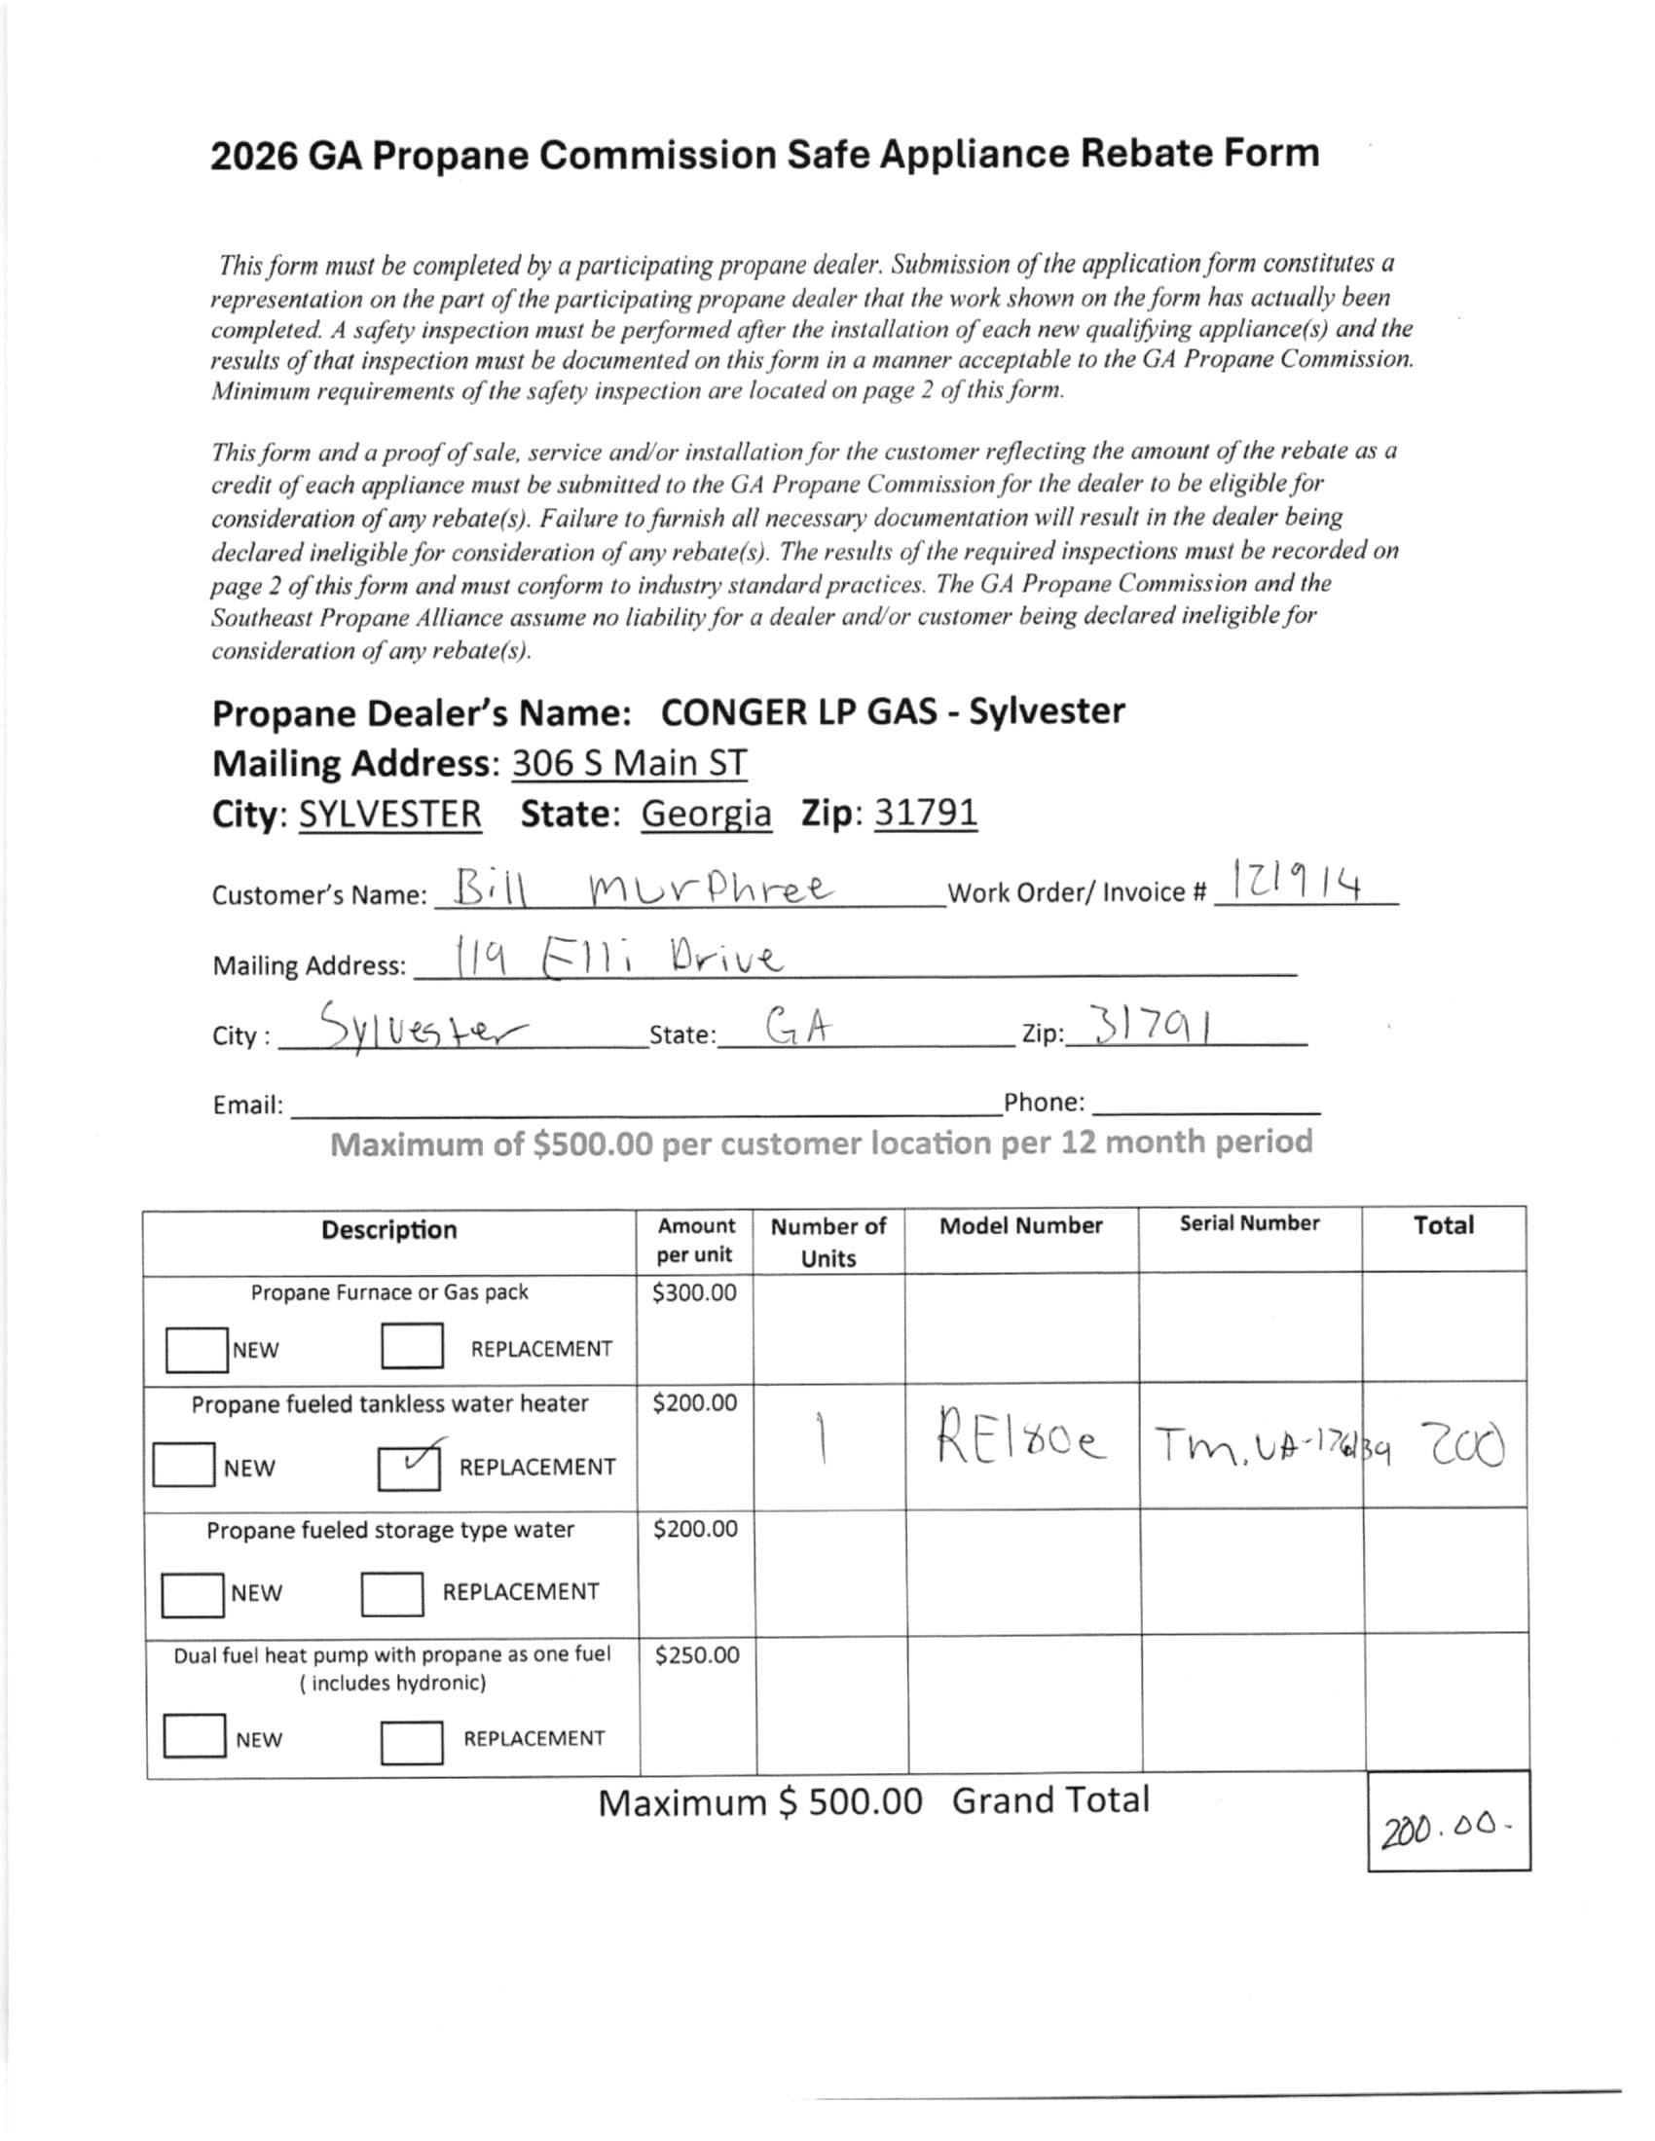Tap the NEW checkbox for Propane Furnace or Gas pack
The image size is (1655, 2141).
(x=196, y=1349)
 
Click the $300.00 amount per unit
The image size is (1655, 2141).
(x=694, y=1293)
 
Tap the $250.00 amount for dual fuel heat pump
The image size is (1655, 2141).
(x=696, y=1655)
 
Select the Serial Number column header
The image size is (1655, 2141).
(x=1249, y=1223)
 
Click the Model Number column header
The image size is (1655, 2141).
(x=1020, y=1225)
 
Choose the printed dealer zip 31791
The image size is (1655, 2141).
(x=926, y=813)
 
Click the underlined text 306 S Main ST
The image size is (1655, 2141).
(x=629, y=763)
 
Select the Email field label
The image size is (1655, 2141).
(x=248, y=1106)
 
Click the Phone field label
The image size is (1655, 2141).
(x=1045, y=1103)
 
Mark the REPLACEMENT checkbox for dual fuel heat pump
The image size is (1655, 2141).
(x=412, y=1744)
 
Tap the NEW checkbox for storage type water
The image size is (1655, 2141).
(x=192, y=1593)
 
